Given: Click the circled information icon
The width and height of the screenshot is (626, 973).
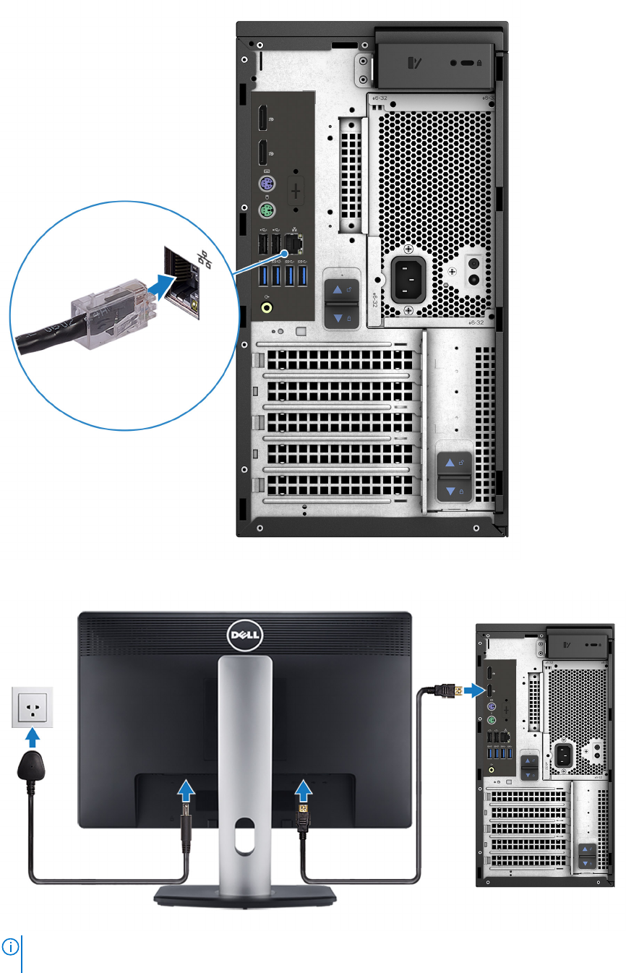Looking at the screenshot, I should tap(12, 946).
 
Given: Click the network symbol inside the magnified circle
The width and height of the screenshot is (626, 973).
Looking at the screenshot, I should tap(205, 260).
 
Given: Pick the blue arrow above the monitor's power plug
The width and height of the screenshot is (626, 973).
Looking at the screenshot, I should tap(186, 791).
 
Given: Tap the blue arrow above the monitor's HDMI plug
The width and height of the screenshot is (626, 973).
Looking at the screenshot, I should tap(304, 789).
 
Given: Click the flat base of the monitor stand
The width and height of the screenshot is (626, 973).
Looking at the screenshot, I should tap(245, 895).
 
